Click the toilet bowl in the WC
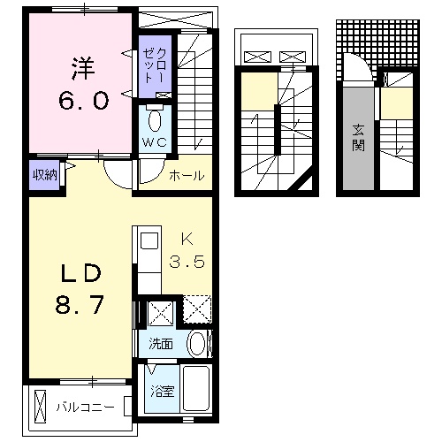(x=156, y=118)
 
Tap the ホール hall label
(x=187, y=175)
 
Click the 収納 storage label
(x=44, y=173)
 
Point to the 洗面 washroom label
(x=161, y=345)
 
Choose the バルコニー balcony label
(x=86, y=408)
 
